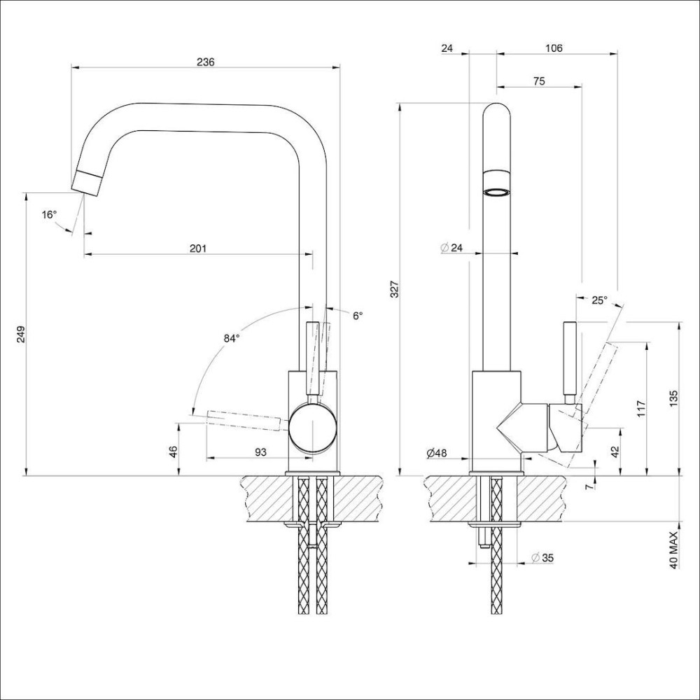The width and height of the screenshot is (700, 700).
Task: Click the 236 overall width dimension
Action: (x=205, y=62)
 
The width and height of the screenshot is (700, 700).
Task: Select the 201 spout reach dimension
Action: (x=198, y=248)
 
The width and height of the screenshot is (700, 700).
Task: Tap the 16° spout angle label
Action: (x=48, y=215)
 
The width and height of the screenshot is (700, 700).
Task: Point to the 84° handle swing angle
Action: (x=232, y=338)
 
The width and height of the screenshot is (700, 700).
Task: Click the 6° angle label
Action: (x=358, y=316)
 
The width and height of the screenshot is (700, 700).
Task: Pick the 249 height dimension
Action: (x=20, y=335)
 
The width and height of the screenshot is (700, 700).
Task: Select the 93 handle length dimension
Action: (x=260, y=452)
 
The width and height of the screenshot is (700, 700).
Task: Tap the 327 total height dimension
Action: (x=394, y=289)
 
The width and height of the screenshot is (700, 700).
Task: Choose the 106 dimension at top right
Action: (x=553, y=48)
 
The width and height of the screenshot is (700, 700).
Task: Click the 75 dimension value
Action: (x=539, y=81)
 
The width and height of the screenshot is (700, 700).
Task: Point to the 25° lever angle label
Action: (x=599, y=300)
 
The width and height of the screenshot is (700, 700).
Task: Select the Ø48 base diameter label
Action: (x=437, y=453)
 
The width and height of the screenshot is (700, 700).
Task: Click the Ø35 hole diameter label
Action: (x=542, y=558)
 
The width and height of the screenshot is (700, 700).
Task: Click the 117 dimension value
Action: (x=640, y=409)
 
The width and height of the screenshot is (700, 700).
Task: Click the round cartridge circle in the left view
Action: (x=312, y=427)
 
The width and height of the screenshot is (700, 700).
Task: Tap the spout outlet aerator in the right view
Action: (x=497, y=190)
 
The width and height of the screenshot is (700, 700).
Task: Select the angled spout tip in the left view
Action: (x=88, y=182)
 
